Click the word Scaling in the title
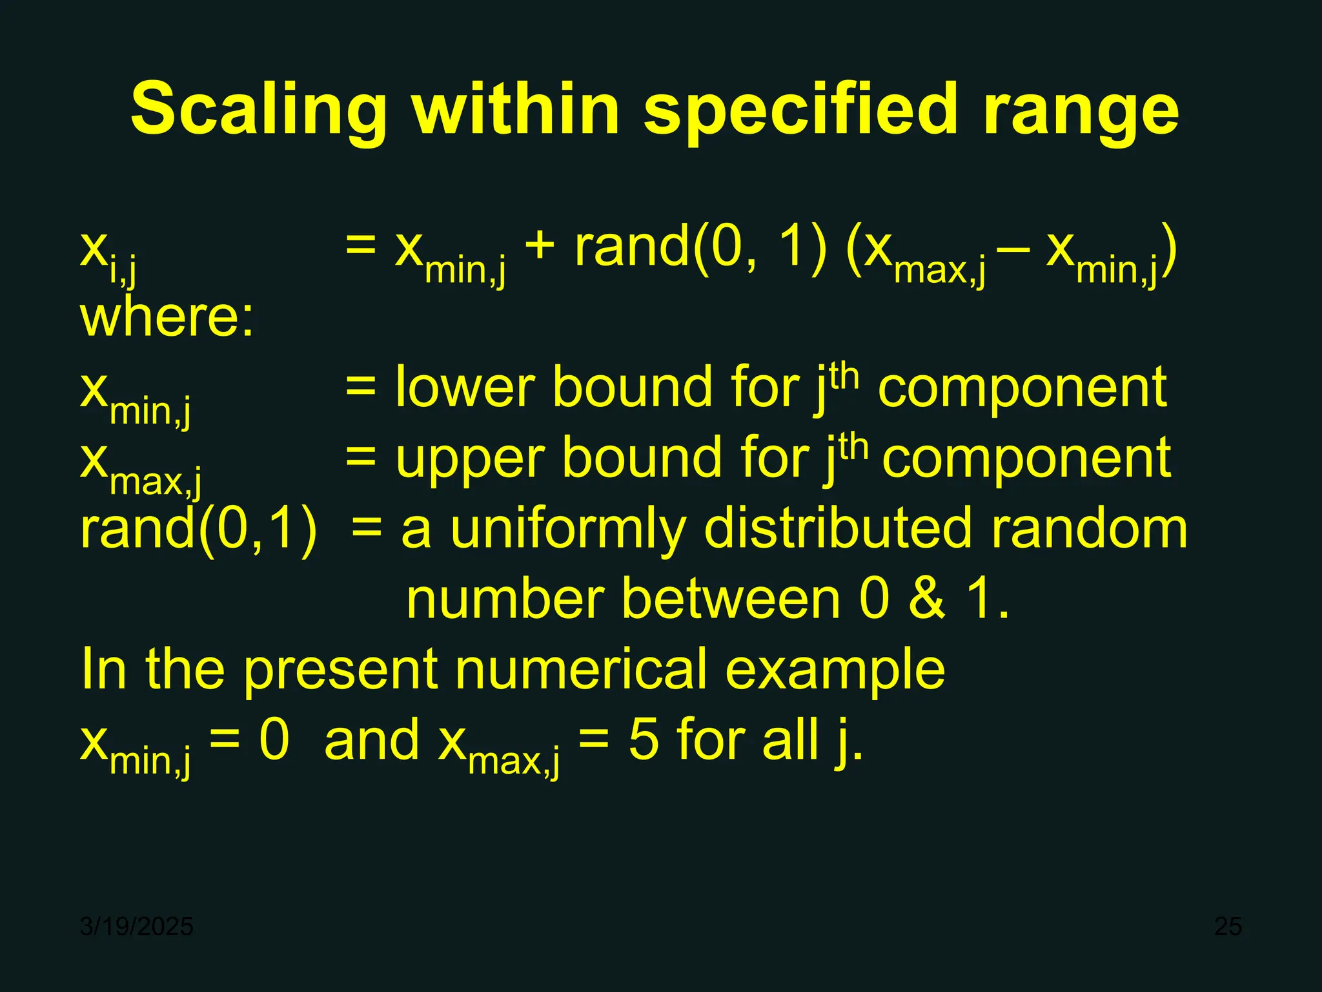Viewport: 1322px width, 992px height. [258, 110]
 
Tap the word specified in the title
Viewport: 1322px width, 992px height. [800, 110]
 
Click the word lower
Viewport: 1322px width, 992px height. [465, 387]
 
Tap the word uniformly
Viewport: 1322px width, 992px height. [568, 530]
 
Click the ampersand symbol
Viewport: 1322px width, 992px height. [927, 599]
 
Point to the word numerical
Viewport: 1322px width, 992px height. [581, 669]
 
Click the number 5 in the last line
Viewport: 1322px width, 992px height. [644, 740]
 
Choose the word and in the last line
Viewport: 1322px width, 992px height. [372, 740]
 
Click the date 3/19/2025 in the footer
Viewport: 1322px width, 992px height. [136, 927]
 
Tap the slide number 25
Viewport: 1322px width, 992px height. [1228, 927]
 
